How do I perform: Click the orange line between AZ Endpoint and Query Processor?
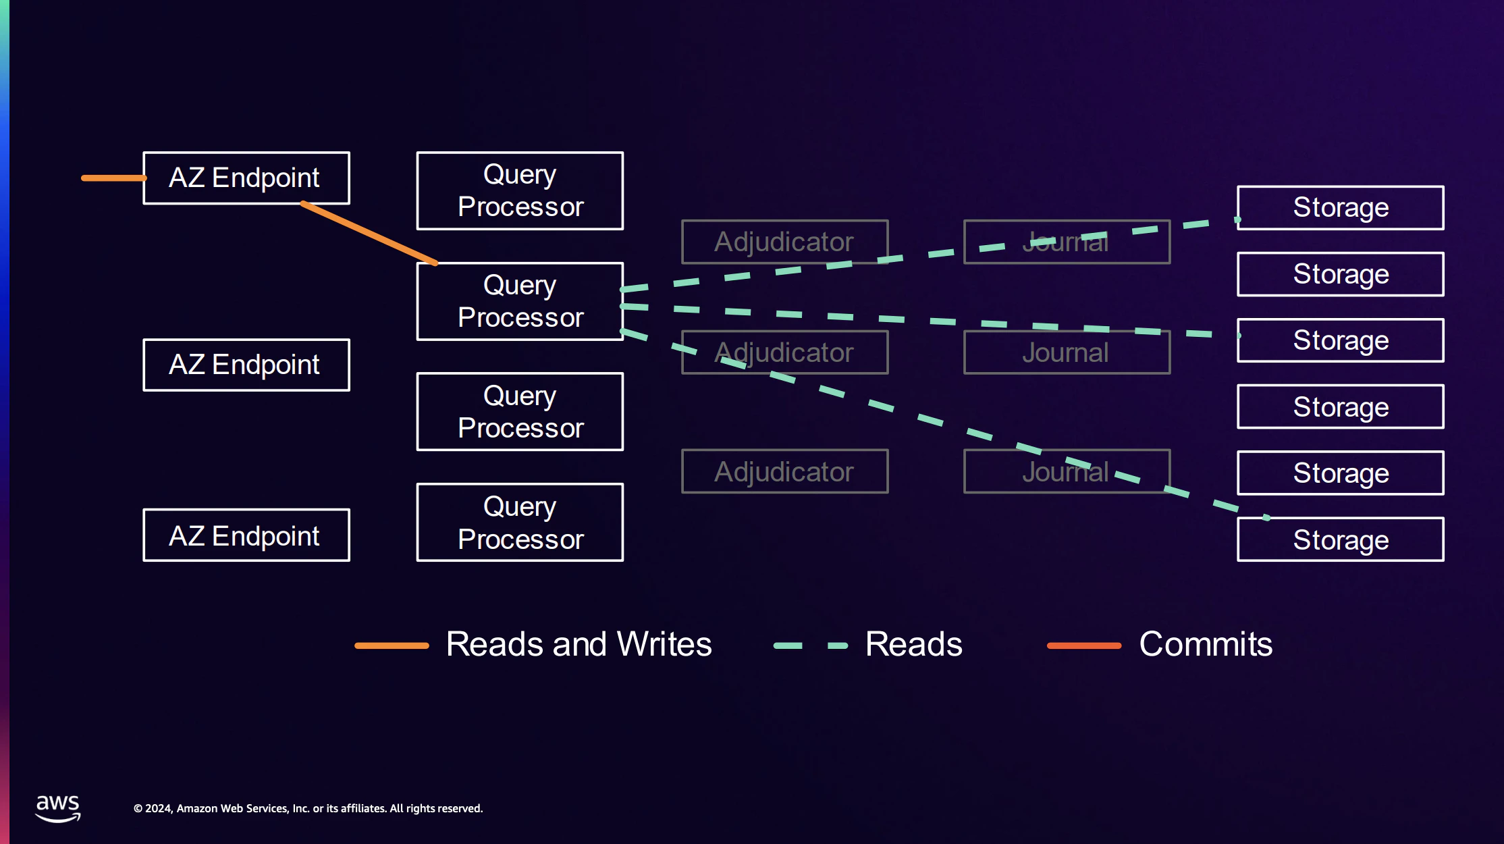(369, 233)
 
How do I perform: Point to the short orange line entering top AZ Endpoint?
(113, 178)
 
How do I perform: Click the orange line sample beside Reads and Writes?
(392, 645)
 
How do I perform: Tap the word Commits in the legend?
(1206, 643)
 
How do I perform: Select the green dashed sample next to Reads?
(811, 645)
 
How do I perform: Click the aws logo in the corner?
(58, 808)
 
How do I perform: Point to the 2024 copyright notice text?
(308, 808)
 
